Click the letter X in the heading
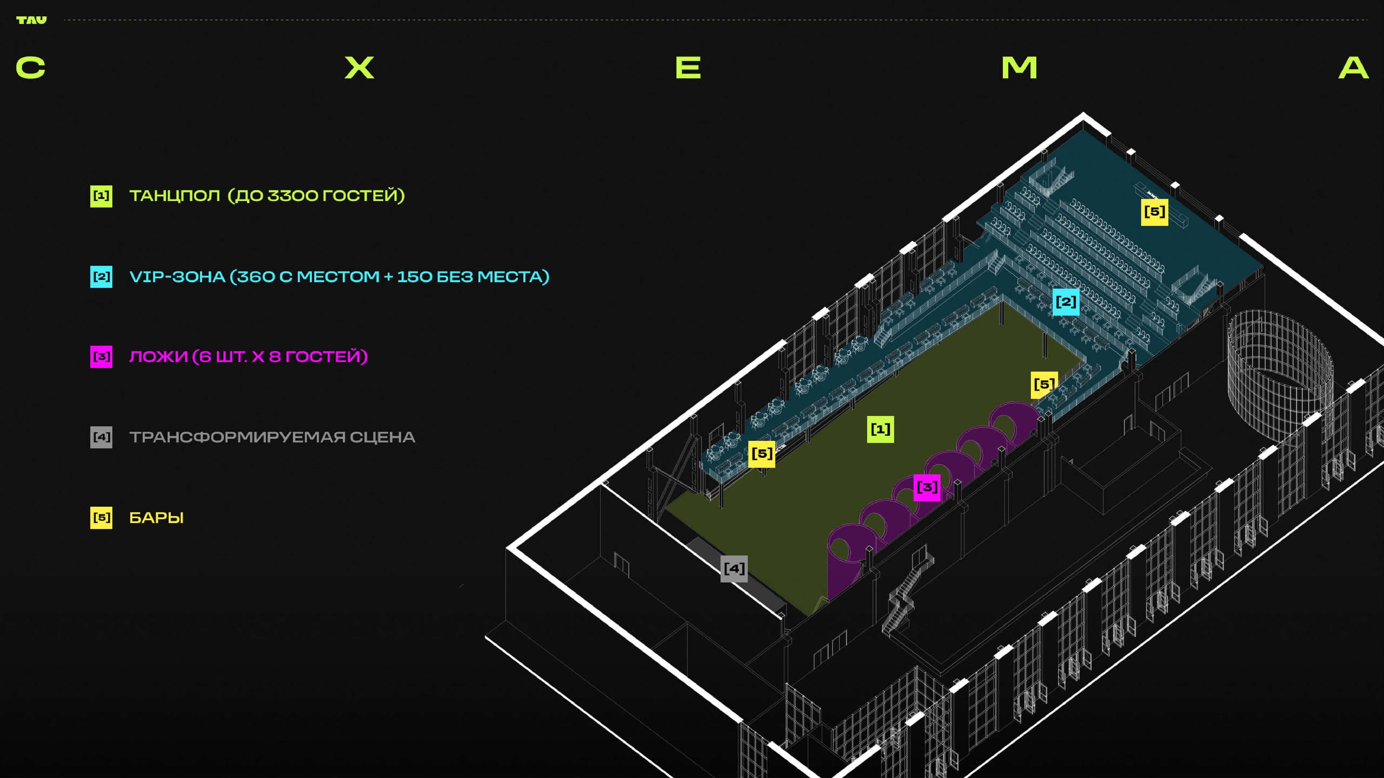(x=359, y=68)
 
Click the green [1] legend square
(x=101, y=196)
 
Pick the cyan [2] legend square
(x=101, y=277)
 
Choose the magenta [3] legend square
(x=101, y=357)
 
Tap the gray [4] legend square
(x=101, y=437)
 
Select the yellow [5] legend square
(x=101, y=518)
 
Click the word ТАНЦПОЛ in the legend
(x=174, y=196)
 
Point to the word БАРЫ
(x=156, y=518)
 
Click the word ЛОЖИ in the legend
(x=158, y=357)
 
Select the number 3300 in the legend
(x=292, y=196)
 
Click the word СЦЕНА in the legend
(x=382, y=437)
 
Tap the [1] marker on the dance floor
(x=880, y=429)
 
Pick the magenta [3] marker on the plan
(x=927, y=487)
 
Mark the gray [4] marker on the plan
(x=734, y=568)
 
